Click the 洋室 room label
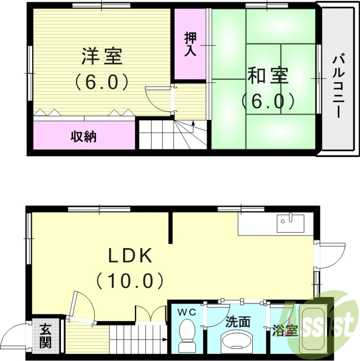[x=101, y=57]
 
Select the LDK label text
[x=130, y=256]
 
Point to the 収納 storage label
[x=84, y=136]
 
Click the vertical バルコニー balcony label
[x=339, y=86]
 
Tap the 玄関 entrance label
[x=45, y=336]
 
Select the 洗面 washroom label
[x=238, y=322]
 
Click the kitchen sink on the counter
[x=286, y=221]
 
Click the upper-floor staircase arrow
[x=194, y=123]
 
